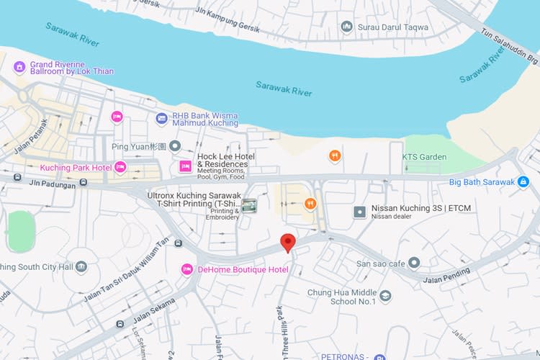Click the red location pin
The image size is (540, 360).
point(288,243)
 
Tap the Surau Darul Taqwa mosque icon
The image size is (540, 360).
point(347,27)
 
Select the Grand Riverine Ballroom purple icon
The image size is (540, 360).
point(19,67)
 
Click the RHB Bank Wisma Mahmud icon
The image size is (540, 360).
point(161,118)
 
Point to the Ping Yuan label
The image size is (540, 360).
point(139,146)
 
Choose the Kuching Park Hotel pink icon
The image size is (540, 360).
point(120,167)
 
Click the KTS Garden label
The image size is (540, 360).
point(424,156)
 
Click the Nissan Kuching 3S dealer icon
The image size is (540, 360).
point(360,212)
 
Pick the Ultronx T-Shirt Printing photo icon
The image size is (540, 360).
point(249,206)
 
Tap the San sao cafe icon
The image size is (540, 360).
point(414,263)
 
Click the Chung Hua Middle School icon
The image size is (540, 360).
point(386,296)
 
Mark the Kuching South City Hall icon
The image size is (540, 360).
point(81,267)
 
